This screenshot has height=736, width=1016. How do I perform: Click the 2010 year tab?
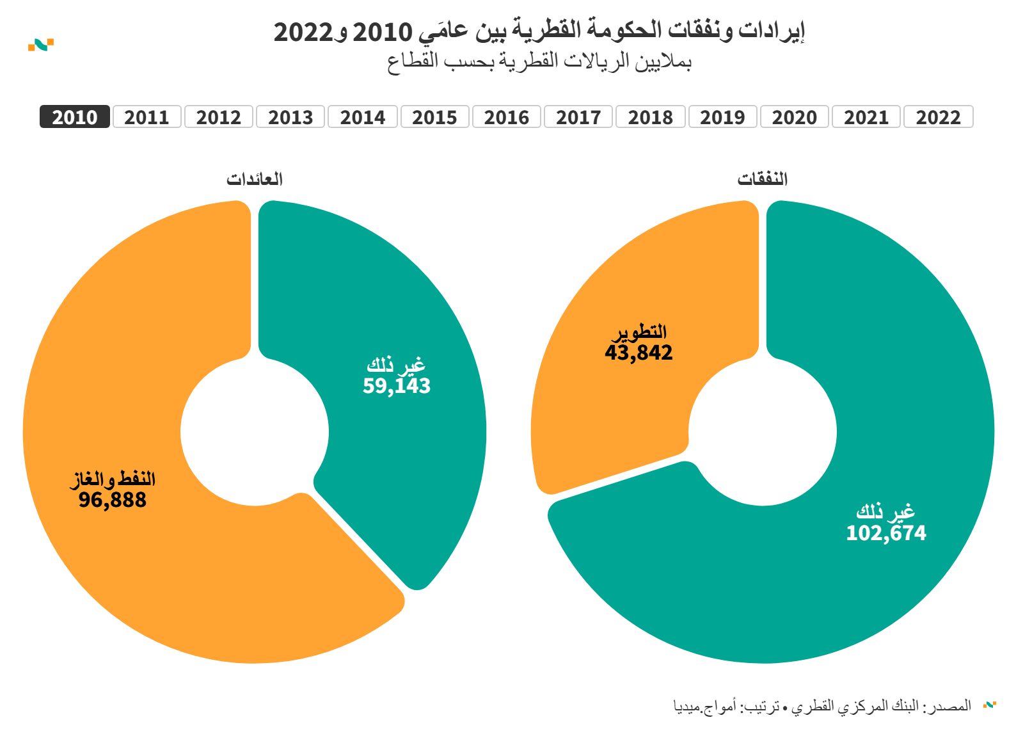[x=75, y=117]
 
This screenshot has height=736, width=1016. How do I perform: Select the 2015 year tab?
[x=434, y=117]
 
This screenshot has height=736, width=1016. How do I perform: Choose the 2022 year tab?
[x=938, y=117]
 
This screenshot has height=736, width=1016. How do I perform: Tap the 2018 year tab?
[x=650, y=117]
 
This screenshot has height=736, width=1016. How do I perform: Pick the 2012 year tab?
[x=219, y=117]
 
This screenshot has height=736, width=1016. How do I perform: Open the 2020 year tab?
[x=794, y=117]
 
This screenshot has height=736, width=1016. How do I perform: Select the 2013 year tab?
[x=290, y=117]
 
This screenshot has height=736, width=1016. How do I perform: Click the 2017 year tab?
[x=578, y=117]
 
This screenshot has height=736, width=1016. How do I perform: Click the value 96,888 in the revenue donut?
[x=113, y=500]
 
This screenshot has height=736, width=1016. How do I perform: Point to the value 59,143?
[x=397, y=386]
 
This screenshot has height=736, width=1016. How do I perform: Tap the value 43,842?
[x=639, y=353]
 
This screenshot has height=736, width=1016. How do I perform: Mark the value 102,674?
[x=886, y=533]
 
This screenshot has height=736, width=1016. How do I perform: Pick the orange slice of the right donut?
[x=614, y=410]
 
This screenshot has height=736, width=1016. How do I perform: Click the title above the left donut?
[x=255, y=179]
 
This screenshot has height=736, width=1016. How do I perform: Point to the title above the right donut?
[x=762, y=179]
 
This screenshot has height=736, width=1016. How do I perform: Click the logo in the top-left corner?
[x=41, y=45]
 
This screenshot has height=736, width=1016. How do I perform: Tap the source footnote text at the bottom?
[x=822, y=706]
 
